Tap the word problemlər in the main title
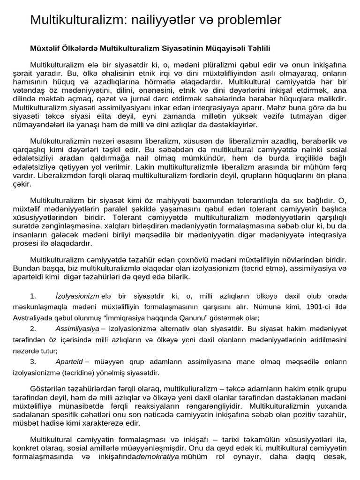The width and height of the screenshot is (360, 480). pyautogui.click(x=255, y=20)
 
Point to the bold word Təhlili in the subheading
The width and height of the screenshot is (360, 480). pyautogui.click(x=258, y=48)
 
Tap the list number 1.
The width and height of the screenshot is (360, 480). pyautogui.click(x=33, y=296)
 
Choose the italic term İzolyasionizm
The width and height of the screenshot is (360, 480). pyautogui.click(x=77, y=296)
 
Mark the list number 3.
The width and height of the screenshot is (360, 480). pyautogui.click(x=33, y=361)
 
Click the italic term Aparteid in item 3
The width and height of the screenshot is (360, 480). pyautogui.click(x=69, y=361)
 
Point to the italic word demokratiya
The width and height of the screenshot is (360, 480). pyautogui.click(x=158, y=457)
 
